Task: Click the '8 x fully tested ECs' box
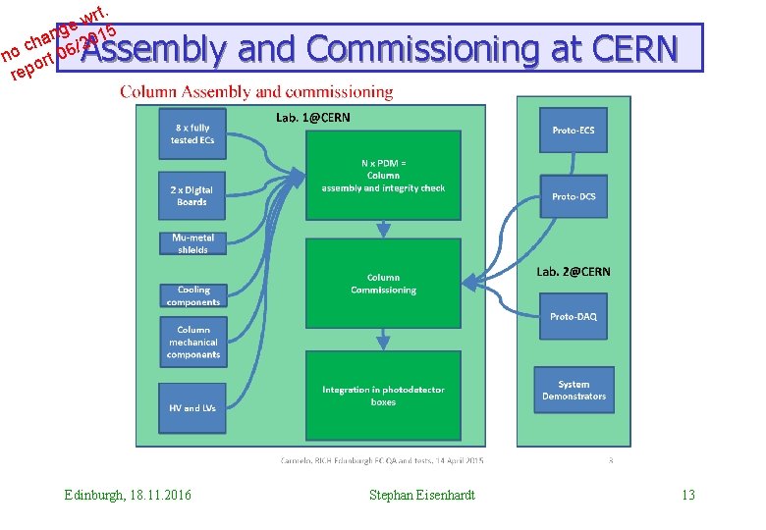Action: [x=191, y=134]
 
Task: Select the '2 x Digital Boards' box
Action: [x=191, y=195]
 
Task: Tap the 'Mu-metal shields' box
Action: [x=192, y=243]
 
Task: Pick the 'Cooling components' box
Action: [x=193, y=295]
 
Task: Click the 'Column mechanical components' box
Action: [x=193, y=343]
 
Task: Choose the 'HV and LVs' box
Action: [x=192, y=407]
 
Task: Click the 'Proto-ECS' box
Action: [x=574, y=131]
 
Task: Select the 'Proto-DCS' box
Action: [x=574, y=196]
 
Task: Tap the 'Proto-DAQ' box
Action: [x=574, y=316]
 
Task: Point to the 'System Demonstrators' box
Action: [x=574, y=390]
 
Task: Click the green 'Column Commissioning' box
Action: [x=383, y=284]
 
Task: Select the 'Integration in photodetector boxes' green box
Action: [x=383, y=396]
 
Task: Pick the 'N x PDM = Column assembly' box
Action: [x=383, y=176]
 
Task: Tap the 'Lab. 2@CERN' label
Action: [x=574, y=272]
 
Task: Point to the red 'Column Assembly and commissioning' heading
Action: [x=256, y=92]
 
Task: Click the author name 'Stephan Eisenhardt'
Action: [x=422, y=495]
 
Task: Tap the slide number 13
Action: [x=687, y=495]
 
